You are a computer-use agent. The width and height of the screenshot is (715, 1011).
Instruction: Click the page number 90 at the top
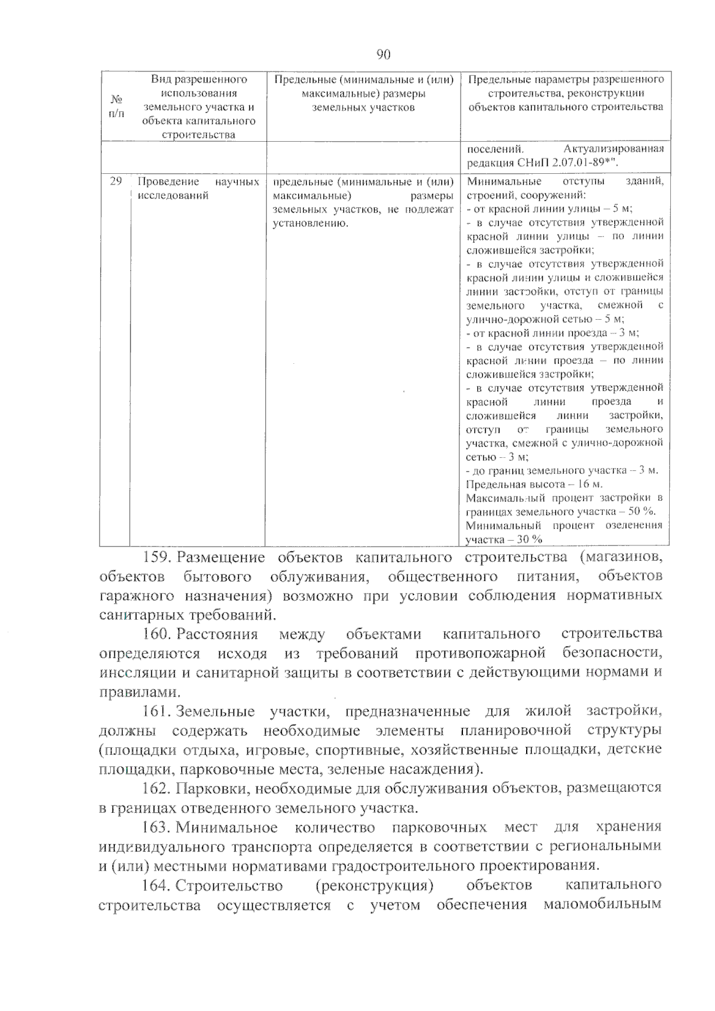384,55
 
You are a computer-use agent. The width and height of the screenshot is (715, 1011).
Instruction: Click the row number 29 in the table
116,181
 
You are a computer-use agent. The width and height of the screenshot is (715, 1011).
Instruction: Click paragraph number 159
157,557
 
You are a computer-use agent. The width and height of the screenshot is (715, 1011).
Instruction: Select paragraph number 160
157,634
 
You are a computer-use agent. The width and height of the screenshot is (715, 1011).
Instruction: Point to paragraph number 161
157,711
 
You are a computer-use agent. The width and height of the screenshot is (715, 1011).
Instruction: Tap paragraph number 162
157,788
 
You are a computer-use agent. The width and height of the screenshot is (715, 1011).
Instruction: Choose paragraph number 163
157,827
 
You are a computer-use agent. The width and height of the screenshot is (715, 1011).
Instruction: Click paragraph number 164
157,885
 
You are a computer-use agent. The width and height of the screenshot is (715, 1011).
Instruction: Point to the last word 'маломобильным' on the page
602,905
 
